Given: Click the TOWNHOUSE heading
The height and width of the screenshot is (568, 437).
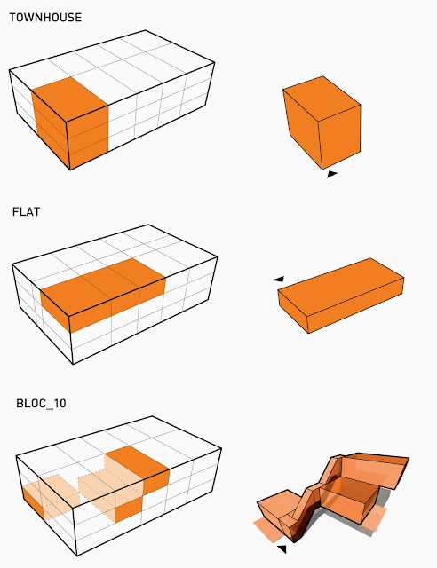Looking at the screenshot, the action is (x=45, y=18).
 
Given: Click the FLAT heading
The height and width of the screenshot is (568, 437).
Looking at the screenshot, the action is (x=26, y=211).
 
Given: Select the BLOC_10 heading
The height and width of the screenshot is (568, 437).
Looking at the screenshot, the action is (x=41, y=404).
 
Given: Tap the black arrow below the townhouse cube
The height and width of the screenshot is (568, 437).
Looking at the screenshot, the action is (x=332, y=174).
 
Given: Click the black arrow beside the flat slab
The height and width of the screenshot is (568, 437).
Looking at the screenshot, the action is (x=279, y=279).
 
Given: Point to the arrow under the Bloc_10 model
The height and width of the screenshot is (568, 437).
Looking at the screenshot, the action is (x=282, y=548).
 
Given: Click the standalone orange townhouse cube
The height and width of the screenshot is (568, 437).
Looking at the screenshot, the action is (x=322, y=122).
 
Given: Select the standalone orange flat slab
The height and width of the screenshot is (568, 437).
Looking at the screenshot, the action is (x=341, y=296).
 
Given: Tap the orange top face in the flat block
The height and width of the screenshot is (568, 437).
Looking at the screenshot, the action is (x=103, y=286).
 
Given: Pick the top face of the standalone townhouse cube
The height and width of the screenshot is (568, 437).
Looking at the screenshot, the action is (x=322, y=98).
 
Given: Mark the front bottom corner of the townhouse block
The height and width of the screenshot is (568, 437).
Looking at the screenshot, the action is (x=69, y=170).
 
